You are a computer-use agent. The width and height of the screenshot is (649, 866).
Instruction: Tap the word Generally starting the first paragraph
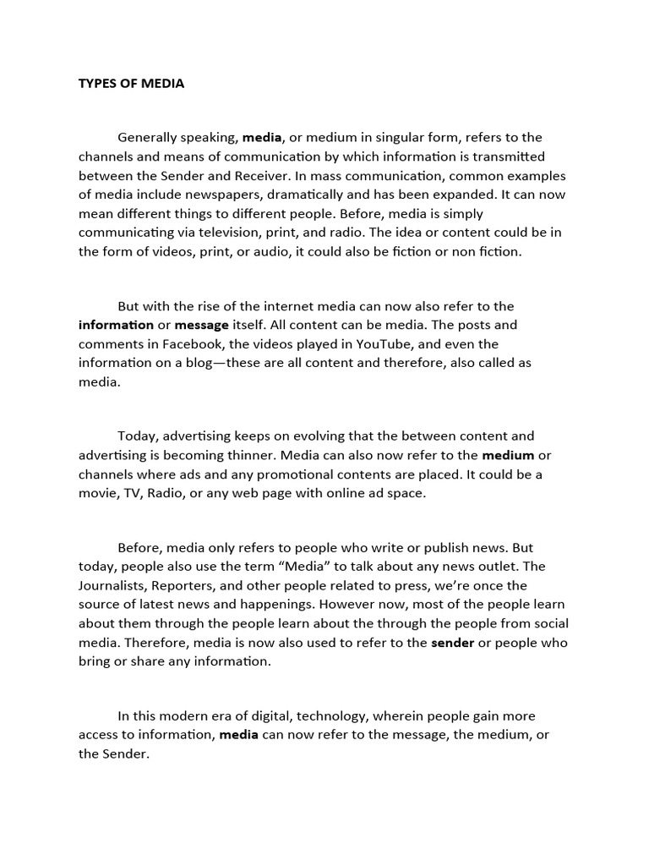click(x=150, y=137)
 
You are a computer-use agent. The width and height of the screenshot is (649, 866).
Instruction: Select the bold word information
click(x=116, y=325)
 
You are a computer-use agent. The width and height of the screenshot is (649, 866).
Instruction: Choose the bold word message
click(x=201, y=325)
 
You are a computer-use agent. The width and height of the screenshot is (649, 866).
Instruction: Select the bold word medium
click(x=508, y=455)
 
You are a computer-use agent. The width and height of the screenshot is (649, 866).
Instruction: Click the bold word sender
click(x=452, y=643)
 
